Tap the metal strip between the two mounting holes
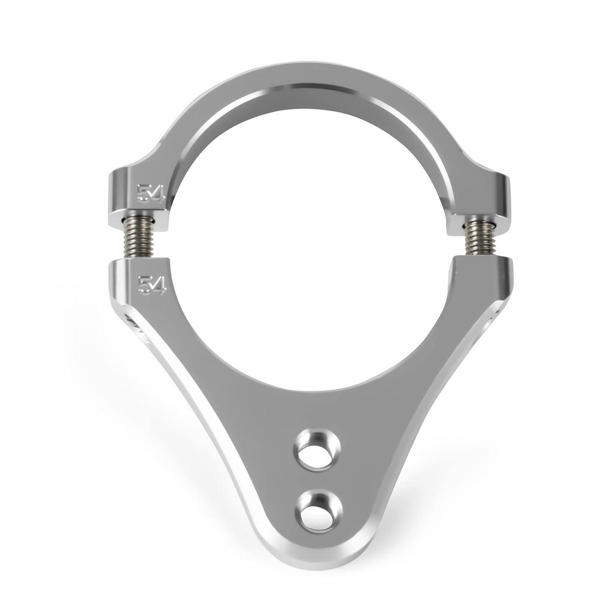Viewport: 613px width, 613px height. tap(318, 480)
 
